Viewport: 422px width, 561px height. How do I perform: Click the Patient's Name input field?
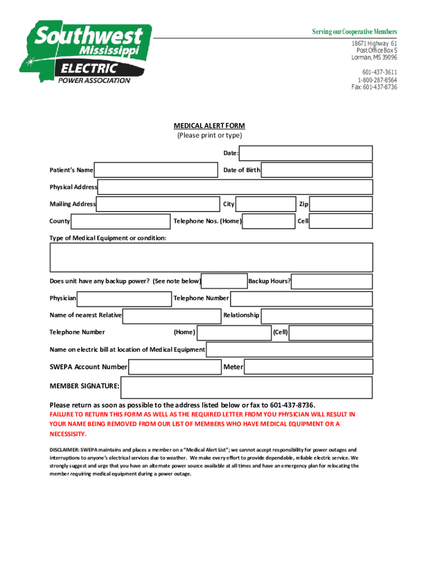[156, 170]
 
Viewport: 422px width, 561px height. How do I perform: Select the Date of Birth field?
[317, 170]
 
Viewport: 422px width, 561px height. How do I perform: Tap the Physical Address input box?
[235, 187]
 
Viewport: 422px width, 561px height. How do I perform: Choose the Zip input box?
[341, 204]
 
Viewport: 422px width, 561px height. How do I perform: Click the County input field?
[121, 221]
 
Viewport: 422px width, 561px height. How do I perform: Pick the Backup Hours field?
[332, 282]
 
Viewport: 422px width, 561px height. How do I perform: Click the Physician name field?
[124, 299]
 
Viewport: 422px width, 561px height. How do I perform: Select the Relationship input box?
[317, 316]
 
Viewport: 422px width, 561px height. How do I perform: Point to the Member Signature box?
[247, 387]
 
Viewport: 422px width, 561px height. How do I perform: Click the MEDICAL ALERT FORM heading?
[209, 126]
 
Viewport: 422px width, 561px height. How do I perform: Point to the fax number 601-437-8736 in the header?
[374, 87]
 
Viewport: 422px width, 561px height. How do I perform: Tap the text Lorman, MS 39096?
[374, 58]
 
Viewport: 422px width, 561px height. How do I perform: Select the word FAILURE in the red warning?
[62, 414]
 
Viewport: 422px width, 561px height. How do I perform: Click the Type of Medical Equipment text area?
[211, 257]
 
